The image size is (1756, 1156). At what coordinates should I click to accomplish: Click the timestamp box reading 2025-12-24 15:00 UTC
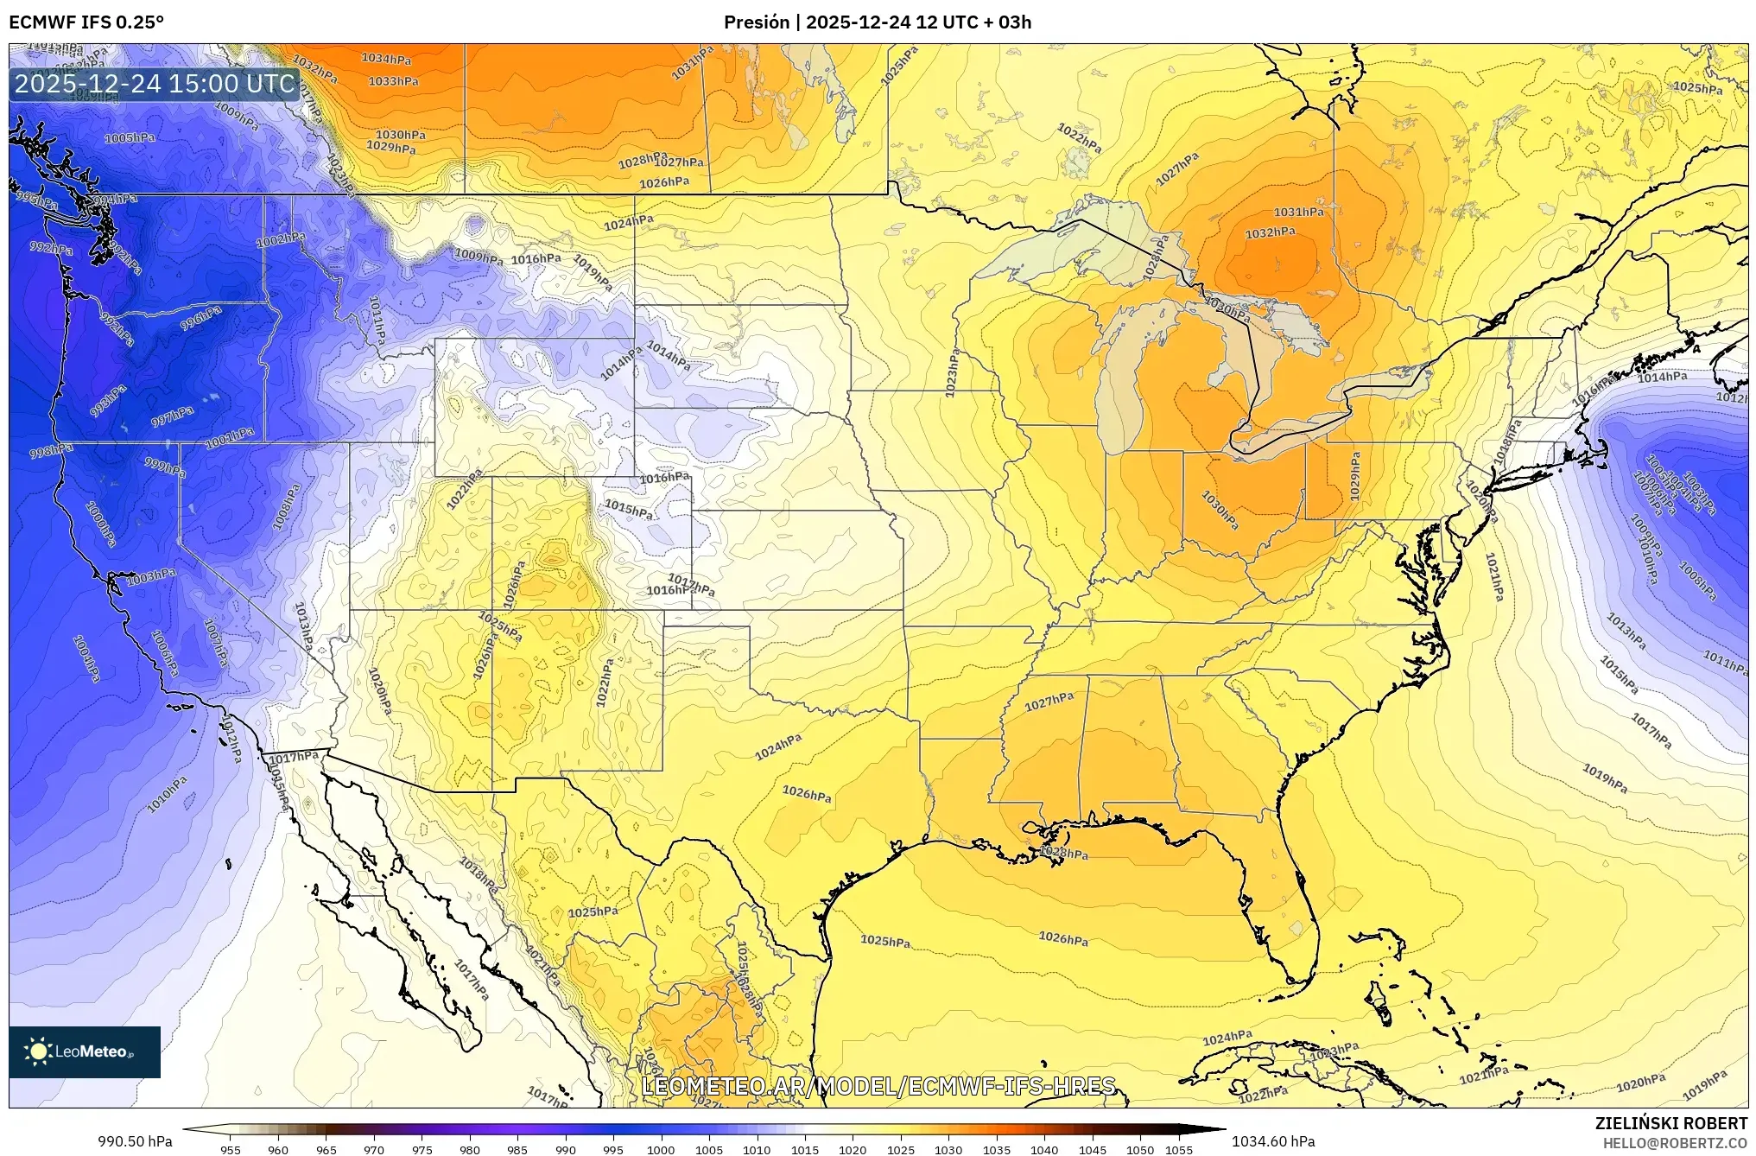click(x=155, y=84)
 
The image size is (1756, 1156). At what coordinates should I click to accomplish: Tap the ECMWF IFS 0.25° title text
click(x=86, y=22)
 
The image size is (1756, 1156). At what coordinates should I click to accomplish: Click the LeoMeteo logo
click(x=85, y=1051)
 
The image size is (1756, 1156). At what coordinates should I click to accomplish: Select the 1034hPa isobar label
click(x=386, y=59)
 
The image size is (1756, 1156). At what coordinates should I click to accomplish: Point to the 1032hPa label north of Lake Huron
click(x=1270, y=232)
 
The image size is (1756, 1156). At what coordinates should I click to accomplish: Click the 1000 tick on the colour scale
click(x=661, y=1150)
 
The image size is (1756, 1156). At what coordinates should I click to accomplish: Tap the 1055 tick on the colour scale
click(x=1179, y=1150)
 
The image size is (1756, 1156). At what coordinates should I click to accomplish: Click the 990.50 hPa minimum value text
click(x=135, y=1141)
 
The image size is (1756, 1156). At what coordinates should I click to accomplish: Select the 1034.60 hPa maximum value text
click(x=1273, y=1141)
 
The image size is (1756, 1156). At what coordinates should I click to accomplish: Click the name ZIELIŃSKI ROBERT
click(x=1670, y=1123)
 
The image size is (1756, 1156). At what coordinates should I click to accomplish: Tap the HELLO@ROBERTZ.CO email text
click(x=1675, y=1143)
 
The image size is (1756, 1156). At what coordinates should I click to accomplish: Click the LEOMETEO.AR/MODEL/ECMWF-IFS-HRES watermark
click(x=878, y=1085)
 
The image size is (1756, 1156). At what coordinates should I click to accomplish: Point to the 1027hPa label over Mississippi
click(x=1049, y=702)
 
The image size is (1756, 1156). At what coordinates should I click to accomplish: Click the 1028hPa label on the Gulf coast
click(x=1063, y=853)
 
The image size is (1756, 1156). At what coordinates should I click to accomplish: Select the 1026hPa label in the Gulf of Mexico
click(x=1063, y=937)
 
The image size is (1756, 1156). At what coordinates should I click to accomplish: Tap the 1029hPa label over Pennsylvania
click(x=1355, y=475)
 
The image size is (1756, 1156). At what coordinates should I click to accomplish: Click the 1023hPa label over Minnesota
click(x=952, y=372)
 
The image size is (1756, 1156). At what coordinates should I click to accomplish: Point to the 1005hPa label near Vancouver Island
click(x=130, y=138)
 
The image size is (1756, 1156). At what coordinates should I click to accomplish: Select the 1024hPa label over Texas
click(x=778, y=746)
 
